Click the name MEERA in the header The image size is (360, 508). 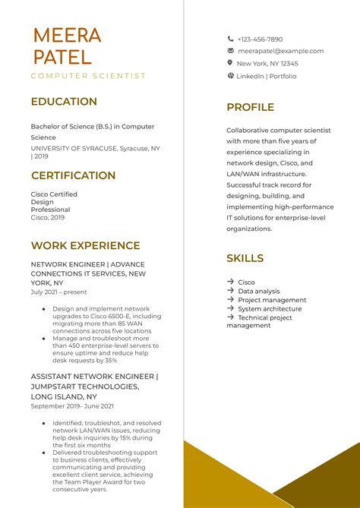(67, 35)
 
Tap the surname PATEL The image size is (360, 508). (62, 57)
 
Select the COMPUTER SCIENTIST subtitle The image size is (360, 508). (88, 76)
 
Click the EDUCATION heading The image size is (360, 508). (64, 102)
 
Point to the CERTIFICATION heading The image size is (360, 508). (73, 175)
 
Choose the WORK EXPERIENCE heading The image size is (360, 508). (85, 245)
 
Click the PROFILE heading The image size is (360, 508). (250, 107)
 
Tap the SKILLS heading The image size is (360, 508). (245, 258)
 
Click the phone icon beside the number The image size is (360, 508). (230, 39)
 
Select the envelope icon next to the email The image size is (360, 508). (230, 51)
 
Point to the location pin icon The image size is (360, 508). (230, 63)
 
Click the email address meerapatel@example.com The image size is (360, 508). (280, 51)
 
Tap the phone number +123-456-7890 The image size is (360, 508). (260, 39)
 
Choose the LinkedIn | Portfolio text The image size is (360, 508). (266, 76)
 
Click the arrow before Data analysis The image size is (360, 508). (230, 291)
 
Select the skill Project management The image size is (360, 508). (272, 300)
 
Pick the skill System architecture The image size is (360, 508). (270, 309)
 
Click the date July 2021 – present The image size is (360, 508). (58, 292)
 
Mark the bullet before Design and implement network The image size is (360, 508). (44, 309)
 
